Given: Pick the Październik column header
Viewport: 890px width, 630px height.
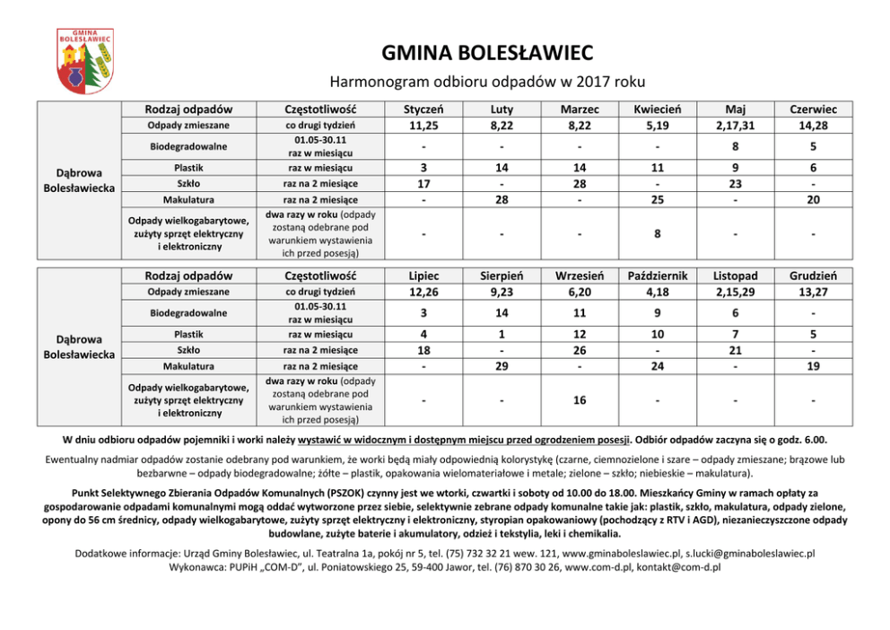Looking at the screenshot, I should [x=659, y=276].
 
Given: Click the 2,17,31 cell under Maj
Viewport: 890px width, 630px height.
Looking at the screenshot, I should [x=736, y=125].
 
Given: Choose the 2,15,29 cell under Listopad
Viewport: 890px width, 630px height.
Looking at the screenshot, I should [x=736, y=292].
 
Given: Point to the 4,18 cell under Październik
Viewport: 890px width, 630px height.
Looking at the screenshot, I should [x=659, y=292].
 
